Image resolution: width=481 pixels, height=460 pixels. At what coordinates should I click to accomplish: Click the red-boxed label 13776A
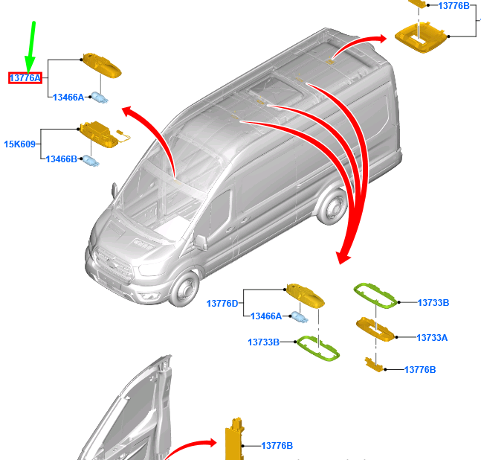click(x=25, y=78)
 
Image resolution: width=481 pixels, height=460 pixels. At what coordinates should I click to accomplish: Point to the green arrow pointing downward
click(x=30, y=48)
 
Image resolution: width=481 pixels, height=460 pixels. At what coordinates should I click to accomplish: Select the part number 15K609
click(x=19, y=144)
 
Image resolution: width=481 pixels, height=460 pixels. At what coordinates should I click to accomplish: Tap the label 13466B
click(x=62, y=159)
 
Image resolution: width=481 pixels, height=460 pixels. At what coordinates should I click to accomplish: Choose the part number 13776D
click(x=222, y=304)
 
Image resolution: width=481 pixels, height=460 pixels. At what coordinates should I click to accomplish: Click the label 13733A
click(x=432, y=338)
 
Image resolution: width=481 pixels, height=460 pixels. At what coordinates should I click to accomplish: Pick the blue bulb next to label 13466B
click(x=91, y=161)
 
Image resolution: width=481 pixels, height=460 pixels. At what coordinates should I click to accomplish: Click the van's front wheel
click(x=184, y=289)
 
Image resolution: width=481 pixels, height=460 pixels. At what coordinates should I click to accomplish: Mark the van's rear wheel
click(x=332, y=206)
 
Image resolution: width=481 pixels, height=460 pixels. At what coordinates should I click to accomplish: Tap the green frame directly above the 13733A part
click(x=375, y=296)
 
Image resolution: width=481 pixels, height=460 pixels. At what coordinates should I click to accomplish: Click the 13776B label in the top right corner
click(x=453, y=6)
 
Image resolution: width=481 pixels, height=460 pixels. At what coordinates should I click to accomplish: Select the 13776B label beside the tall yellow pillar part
click(x=277, y=446)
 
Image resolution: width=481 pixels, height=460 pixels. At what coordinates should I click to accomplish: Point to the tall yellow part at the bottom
click(x=235, y=439)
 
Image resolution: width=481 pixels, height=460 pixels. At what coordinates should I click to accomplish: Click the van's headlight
click(x=151, y=269)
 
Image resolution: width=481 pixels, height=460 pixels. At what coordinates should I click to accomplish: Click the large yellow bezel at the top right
click(x=420, y=37)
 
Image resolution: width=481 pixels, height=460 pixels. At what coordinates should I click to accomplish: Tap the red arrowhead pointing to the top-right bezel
click(x=383, y=39)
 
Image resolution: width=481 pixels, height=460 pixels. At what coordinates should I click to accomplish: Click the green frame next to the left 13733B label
click(x=318, y=348)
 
